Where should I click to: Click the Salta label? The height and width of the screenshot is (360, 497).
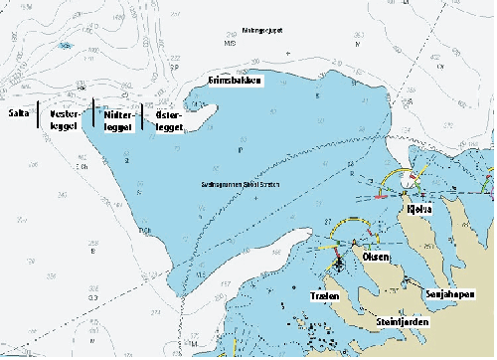pyautogui.click(x=18, y=114)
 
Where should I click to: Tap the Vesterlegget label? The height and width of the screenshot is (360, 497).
pyautogui.click(x=65, y=120)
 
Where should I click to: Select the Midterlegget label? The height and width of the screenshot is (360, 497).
pyautogui.click(x=118, y=120)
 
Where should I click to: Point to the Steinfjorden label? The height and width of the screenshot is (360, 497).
pyautogui.click(x=401, y=320)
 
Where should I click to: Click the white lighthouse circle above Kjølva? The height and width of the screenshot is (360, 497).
pyautogui.click(x=409, y=182)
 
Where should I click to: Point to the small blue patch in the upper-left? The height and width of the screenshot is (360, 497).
pyautogui.click(x=66, y=46)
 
